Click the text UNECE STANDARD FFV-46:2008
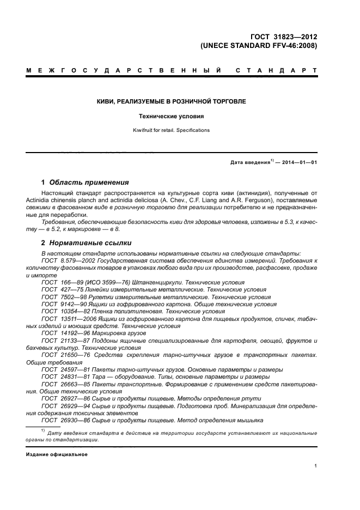(x=259, y=46)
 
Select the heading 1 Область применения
(x=85, y=182)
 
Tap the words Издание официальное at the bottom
(x=57, y=454)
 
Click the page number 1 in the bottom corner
(x=316, y=466)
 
